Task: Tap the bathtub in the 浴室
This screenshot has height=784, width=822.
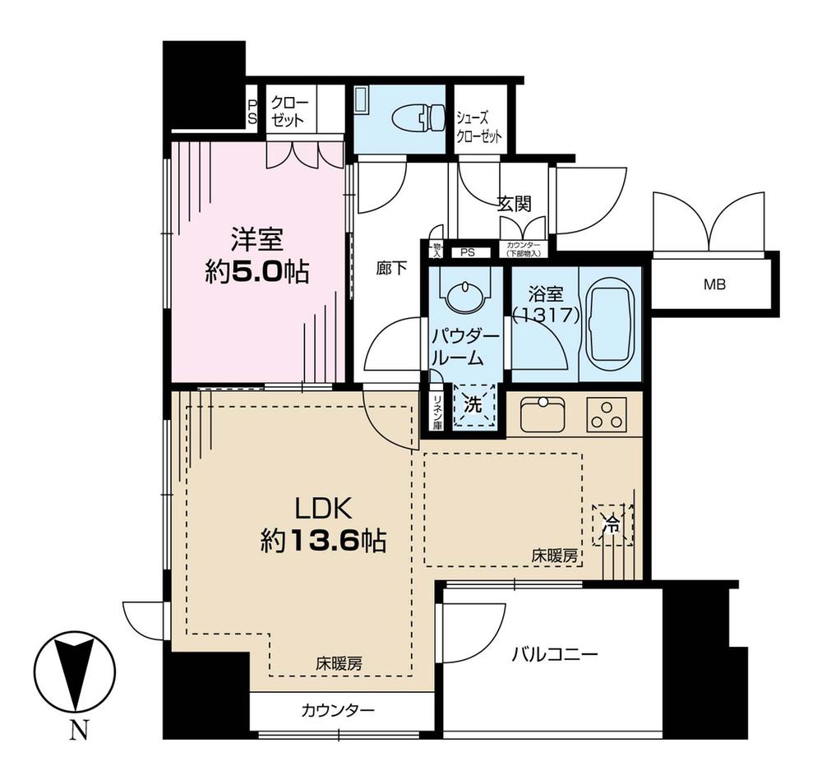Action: [609, 322]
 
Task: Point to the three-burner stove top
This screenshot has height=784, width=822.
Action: [607, 414]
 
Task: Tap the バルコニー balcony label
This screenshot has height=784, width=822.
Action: [554, 655]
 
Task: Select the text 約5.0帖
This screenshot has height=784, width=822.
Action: [256, 272]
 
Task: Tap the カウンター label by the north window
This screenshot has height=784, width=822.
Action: [338, 710]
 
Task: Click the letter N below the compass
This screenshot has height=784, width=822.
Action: [78, 731]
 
